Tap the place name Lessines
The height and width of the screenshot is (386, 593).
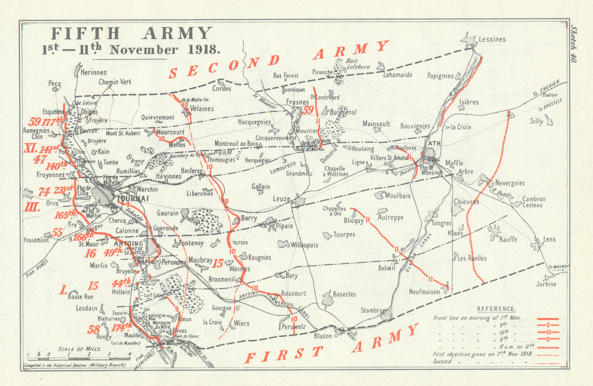point(492,40)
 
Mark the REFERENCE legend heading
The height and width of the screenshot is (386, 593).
point(496,309)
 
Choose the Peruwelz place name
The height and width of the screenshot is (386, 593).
point(293,327)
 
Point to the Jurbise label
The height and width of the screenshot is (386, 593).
point(546,283)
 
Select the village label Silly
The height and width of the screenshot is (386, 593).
point(536,121)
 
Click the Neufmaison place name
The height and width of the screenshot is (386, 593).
point(425,292)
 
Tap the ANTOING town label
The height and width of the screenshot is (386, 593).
point(128,244)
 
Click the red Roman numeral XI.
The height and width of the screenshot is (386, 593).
point(30,148)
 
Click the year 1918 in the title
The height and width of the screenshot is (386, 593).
point(201,50)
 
